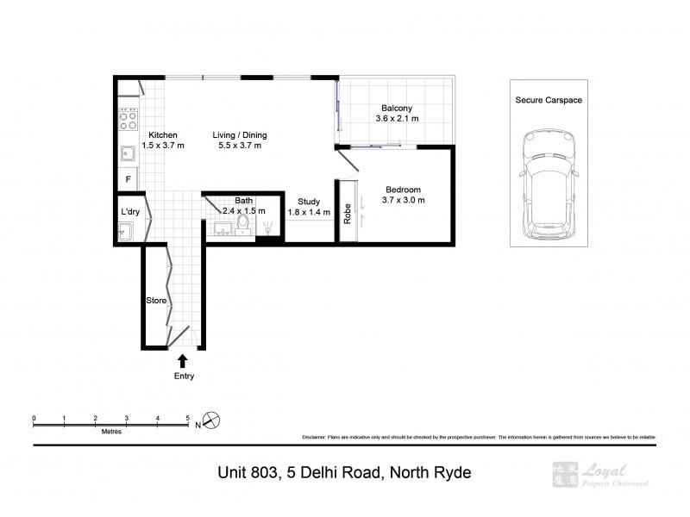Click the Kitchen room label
(163, 135)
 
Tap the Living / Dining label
(241, 135)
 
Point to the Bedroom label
(404, 190)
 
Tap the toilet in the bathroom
(243, 225)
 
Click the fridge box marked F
(129, 180)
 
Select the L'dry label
(130, 211)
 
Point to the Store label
(155, 301)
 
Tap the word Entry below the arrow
(184, 376)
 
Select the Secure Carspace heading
(548, 101)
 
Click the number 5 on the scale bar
(188, 417)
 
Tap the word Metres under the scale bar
(110, 431)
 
